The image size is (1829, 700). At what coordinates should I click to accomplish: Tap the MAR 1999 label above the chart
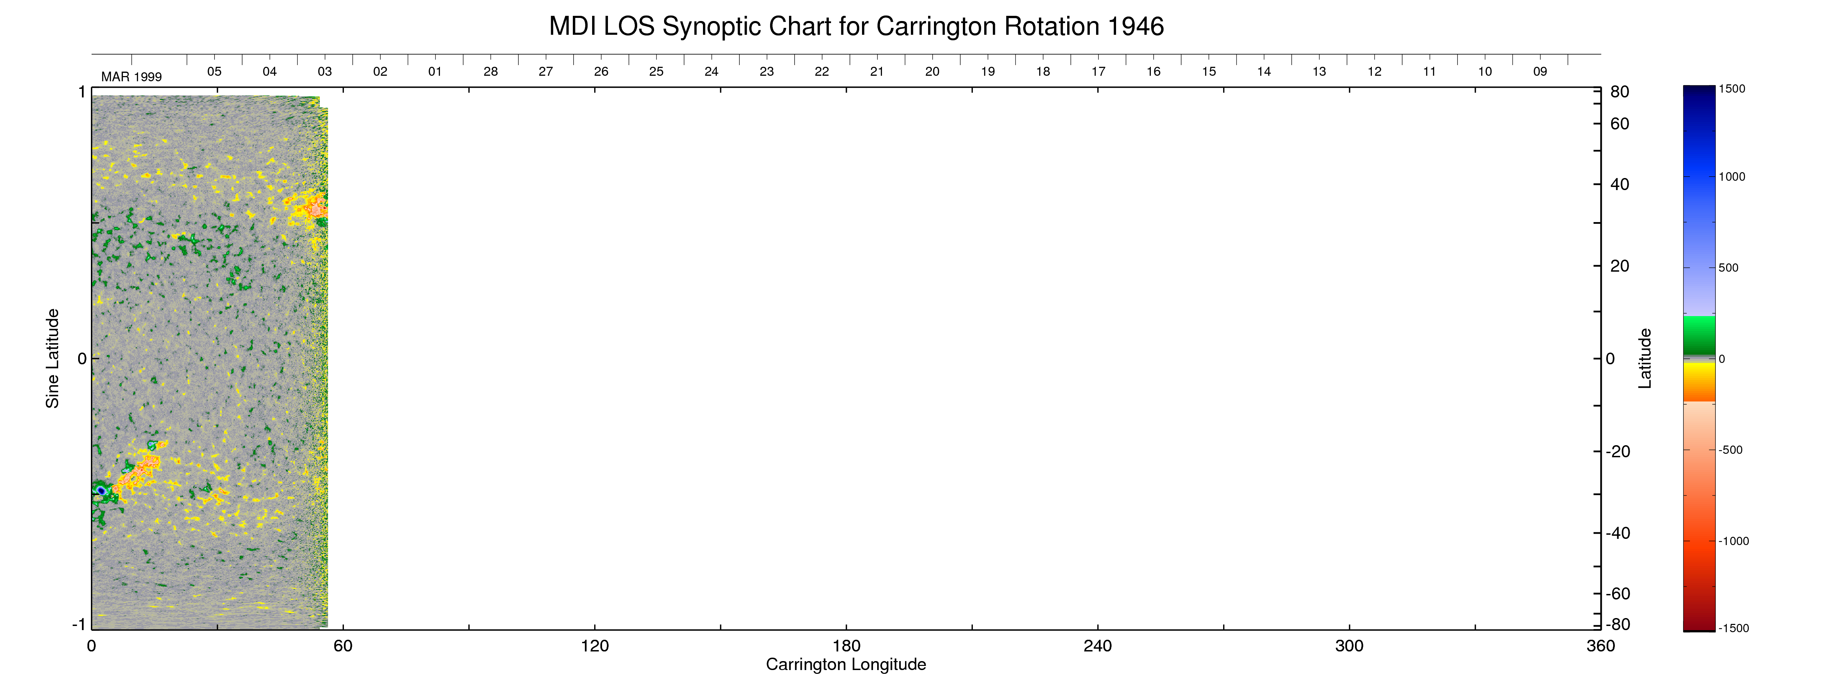coord(132,77)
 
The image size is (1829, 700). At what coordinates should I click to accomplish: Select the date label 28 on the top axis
coord(491,72)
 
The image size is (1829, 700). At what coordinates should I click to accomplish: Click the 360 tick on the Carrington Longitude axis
coord(1600,646)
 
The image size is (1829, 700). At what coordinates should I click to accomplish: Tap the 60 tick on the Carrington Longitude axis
coord(343,646)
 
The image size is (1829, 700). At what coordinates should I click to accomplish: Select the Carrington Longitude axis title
coord(845,665)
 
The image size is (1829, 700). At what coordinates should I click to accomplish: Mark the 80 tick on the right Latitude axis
coord(1620,92)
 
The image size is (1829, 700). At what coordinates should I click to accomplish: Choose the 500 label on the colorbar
coord(1728,268)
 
